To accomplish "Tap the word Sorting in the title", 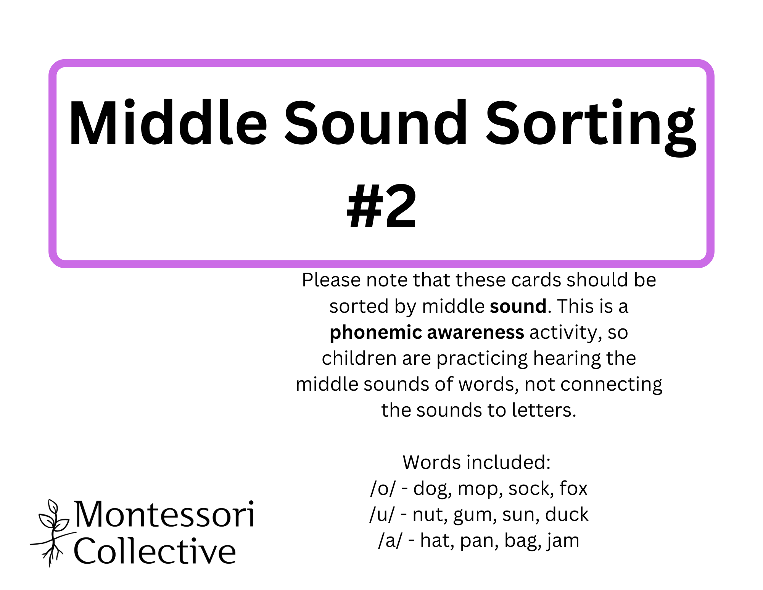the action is point(591,128).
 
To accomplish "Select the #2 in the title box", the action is point(381,206).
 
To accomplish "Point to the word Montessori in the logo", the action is point(164,514).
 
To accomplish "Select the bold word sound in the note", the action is point(518,306).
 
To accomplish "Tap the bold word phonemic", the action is point(376,333).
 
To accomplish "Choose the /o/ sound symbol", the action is point(383,488).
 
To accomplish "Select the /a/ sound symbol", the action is point(390,541).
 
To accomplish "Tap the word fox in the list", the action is point(573,488).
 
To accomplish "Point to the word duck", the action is point(567,514).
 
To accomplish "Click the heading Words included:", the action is point(477,462).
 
